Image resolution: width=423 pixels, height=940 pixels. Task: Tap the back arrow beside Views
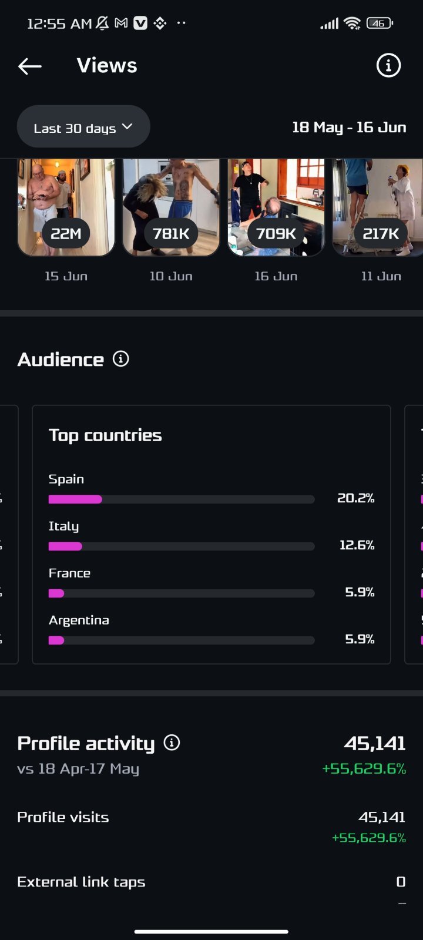point(30,66)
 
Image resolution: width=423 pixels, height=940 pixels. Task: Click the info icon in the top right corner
point(388,65)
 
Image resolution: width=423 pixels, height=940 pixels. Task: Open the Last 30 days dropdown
point(83,127)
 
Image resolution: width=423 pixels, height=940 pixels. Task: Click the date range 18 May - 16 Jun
point(349,127)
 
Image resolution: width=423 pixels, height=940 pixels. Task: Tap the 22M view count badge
point(66,233)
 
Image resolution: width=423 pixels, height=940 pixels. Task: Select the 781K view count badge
point(171,233)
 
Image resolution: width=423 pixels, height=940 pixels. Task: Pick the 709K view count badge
point(276,233)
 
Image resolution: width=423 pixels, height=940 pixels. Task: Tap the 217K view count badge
point(381,233)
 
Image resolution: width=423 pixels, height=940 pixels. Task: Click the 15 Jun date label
point(66,276)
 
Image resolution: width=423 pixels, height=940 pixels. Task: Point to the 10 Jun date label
point(171,276)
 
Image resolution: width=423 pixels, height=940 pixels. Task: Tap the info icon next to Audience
point(121,359)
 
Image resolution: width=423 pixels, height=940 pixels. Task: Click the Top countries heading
point(105,435)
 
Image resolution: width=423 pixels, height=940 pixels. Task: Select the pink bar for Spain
point(75,499)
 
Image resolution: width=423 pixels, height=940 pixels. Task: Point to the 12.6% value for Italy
point(357,545)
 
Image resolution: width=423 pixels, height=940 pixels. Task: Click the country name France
point(69,573)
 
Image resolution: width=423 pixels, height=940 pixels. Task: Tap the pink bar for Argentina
point(56,640)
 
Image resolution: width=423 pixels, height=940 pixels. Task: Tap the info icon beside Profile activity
point(172,743)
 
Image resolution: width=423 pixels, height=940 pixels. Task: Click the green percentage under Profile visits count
point(369,838)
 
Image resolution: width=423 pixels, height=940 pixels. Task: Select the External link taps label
point(81,882)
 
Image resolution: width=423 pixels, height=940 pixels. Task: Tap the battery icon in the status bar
point(380,23)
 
